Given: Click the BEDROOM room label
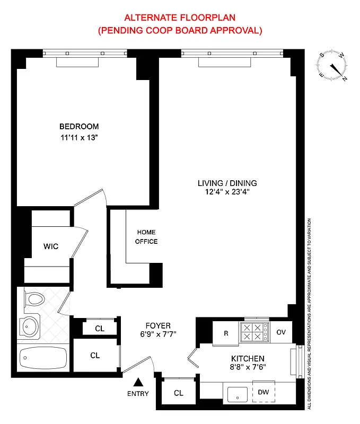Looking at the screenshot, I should point(79,127).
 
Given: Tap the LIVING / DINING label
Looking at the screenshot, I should point(227,183).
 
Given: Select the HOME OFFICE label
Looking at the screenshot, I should point(147,237).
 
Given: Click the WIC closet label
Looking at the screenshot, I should point(51,246).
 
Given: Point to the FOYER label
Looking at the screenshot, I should point(159,325).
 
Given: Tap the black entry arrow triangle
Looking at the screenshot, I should point(138,382).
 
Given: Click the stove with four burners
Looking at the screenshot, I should point(254,331).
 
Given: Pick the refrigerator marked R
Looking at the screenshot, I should point(226,333).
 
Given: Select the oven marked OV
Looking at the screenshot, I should point(281,333).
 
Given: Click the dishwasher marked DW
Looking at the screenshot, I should point(264,392).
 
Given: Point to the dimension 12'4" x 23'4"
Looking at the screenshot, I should point(227,192).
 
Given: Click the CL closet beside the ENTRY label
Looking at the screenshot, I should point(179,393).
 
